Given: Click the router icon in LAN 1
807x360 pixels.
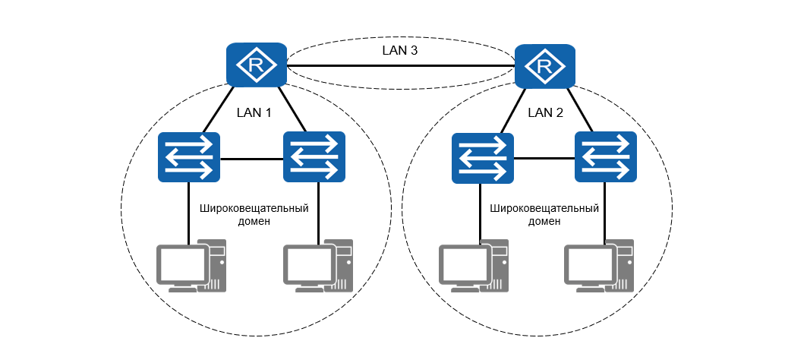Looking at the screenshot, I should click(x=257, y=65).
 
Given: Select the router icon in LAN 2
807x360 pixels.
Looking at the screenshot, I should click(x=544, y=67).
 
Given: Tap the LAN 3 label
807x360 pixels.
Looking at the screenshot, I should click(x=400, y=51).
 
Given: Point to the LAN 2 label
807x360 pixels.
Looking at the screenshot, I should click(x=545, y=112).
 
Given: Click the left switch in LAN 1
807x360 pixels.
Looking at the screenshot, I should click(x=189, y=157).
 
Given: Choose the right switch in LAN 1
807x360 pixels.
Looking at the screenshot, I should click(x=314, y=157).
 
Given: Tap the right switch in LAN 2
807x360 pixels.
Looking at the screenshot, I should click(x=606, y=156).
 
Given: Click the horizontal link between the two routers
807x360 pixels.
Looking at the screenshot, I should click(x=400, y=68).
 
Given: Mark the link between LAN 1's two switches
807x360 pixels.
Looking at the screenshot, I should click(x=251, y=159).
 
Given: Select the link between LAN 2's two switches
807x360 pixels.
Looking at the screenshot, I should click(x=544, y=159).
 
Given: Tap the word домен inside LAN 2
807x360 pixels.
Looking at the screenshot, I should click(x=545, y=222).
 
